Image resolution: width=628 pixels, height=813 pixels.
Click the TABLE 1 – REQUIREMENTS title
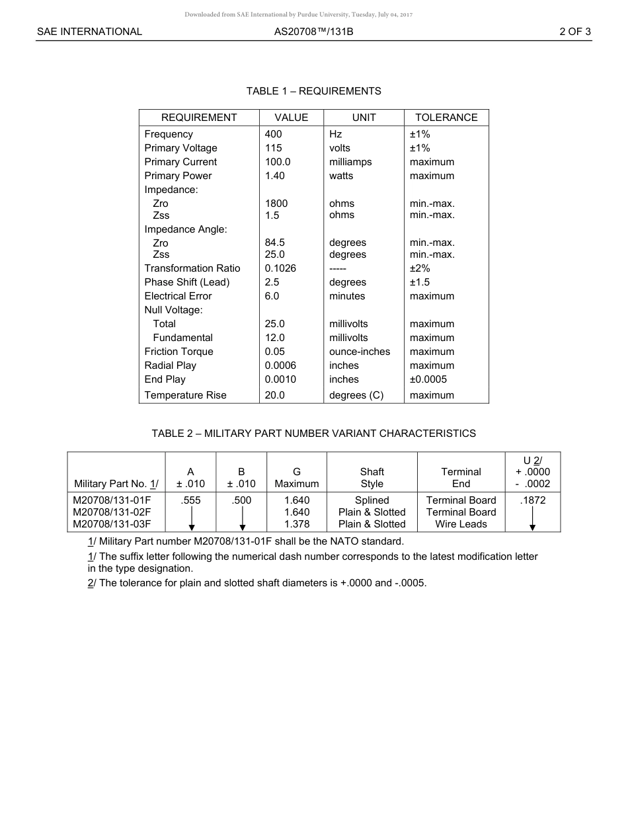tap(313, 91)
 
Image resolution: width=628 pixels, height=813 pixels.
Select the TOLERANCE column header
tap(446, 118)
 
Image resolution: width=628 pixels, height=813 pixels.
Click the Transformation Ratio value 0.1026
tap(280, 268)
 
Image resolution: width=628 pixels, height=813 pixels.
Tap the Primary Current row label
tap(180, 162)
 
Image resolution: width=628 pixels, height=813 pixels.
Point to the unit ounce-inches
tap(360, 352)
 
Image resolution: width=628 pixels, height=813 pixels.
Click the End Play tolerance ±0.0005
tap(428, 379)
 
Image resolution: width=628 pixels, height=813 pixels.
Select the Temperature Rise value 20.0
tap(274, 395)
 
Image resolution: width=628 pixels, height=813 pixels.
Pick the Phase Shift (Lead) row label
tap(187, 282)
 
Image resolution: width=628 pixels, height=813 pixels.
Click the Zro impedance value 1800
tap(276, 204)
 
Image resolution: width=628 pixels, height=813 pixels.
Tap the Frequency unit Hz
tap(336, 134)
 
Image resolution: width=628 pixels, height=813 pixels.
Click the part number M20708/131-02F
tap(112, 512)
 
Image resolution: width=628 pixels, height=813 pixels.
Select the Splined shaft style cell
tap(372, 500)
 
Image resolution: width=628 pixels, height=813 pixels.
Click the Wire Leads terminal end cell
tap(461, 524)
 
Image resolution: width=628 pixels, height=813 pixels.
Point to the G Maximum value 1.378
tap(297, 524)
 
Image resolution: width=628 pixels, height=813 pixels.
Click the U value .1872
tap(533, 500)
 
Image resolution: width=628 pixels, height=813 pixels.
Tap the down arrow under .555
tap(191, 519)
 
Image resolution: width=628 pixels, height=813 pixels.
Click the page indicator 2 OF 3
tap(574, 31)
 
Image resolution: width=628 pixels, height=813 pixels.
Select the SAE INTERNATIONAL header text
tap(89, 31)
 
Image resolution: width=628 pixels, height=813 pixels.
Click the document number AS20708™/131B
tap(313, 31)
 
